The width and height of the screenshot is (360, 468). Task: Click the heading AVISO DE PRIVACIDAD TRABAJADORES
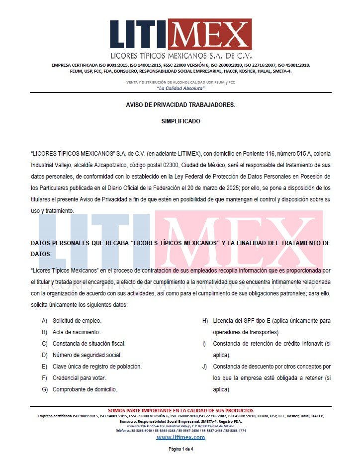[x=180, y=105]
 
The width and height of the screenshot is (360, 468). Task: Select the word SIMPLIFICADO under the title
[x=180, y=121]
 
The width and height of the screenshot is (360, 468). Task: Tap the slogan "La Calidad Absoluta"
[x=180, y=88]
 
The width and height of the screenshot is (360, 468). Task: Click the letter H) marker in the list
[x=205, y=321]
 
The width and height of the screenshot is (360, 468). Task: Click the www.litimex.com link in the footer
[x=180, y=437]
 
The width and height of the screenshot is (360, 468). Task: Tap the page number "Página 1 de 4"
[x=180, y=449]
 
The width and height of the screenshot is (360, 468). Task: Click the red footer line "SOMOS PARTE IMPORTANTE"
[x=180, y=410]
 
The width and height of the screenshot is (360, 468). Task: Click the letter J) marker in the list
[x=204, y=367]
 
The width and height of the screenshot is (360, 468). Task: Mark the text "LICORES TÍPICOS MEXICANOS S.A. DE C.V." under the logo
[x=180, y=56]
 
